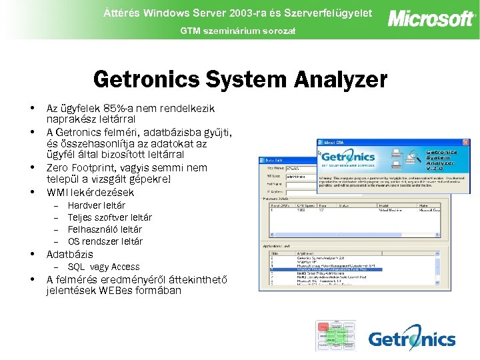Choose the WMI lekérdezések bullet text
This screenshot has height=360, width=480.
tap(90, 192)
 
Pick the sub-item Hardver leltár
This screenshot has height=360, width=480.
tap(96, 205)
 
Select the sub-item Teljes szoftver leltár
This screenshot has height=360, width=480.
tap(109, 217)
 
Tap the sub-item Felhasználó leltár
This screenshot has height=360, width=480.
tap(105, 229)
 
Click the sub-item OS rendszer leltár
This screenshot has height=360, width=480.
tap(105, 241)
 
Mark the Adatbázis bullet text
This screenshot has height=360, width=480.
tap(69, 255)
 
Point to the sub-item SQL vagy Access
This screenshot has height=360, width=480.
tap(103, 267)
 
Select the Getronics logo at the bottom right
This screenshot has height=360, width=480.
tap(411, 338)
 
